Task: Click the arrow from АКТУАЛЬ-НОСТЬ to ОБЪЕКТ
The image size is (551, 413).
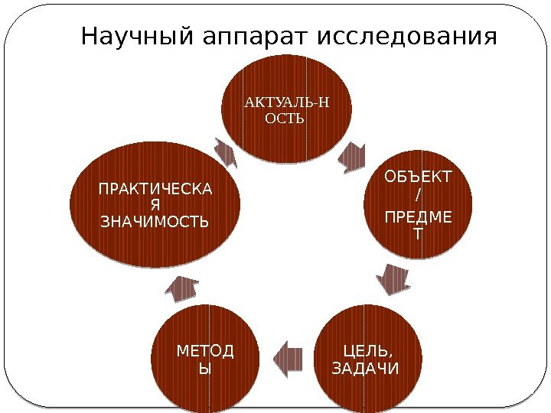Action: pos(352,156)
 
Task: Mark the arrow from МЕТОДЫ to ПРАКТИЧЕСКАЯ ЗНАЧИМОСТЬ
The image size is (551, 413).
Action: pos(184,289)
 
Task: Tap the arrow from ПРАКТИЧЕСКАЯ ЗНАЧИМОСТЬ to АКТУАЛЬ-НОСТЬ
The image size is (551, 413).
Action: pos(227,151)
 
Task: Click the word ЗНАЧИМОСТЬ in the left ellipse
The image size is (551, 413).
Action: pos(155,222)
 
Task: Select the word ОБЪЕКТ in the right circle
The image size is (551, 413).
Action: pos(418,178)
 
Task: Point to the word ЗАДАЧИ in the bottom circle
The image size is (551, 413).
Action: pos(363,369)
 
